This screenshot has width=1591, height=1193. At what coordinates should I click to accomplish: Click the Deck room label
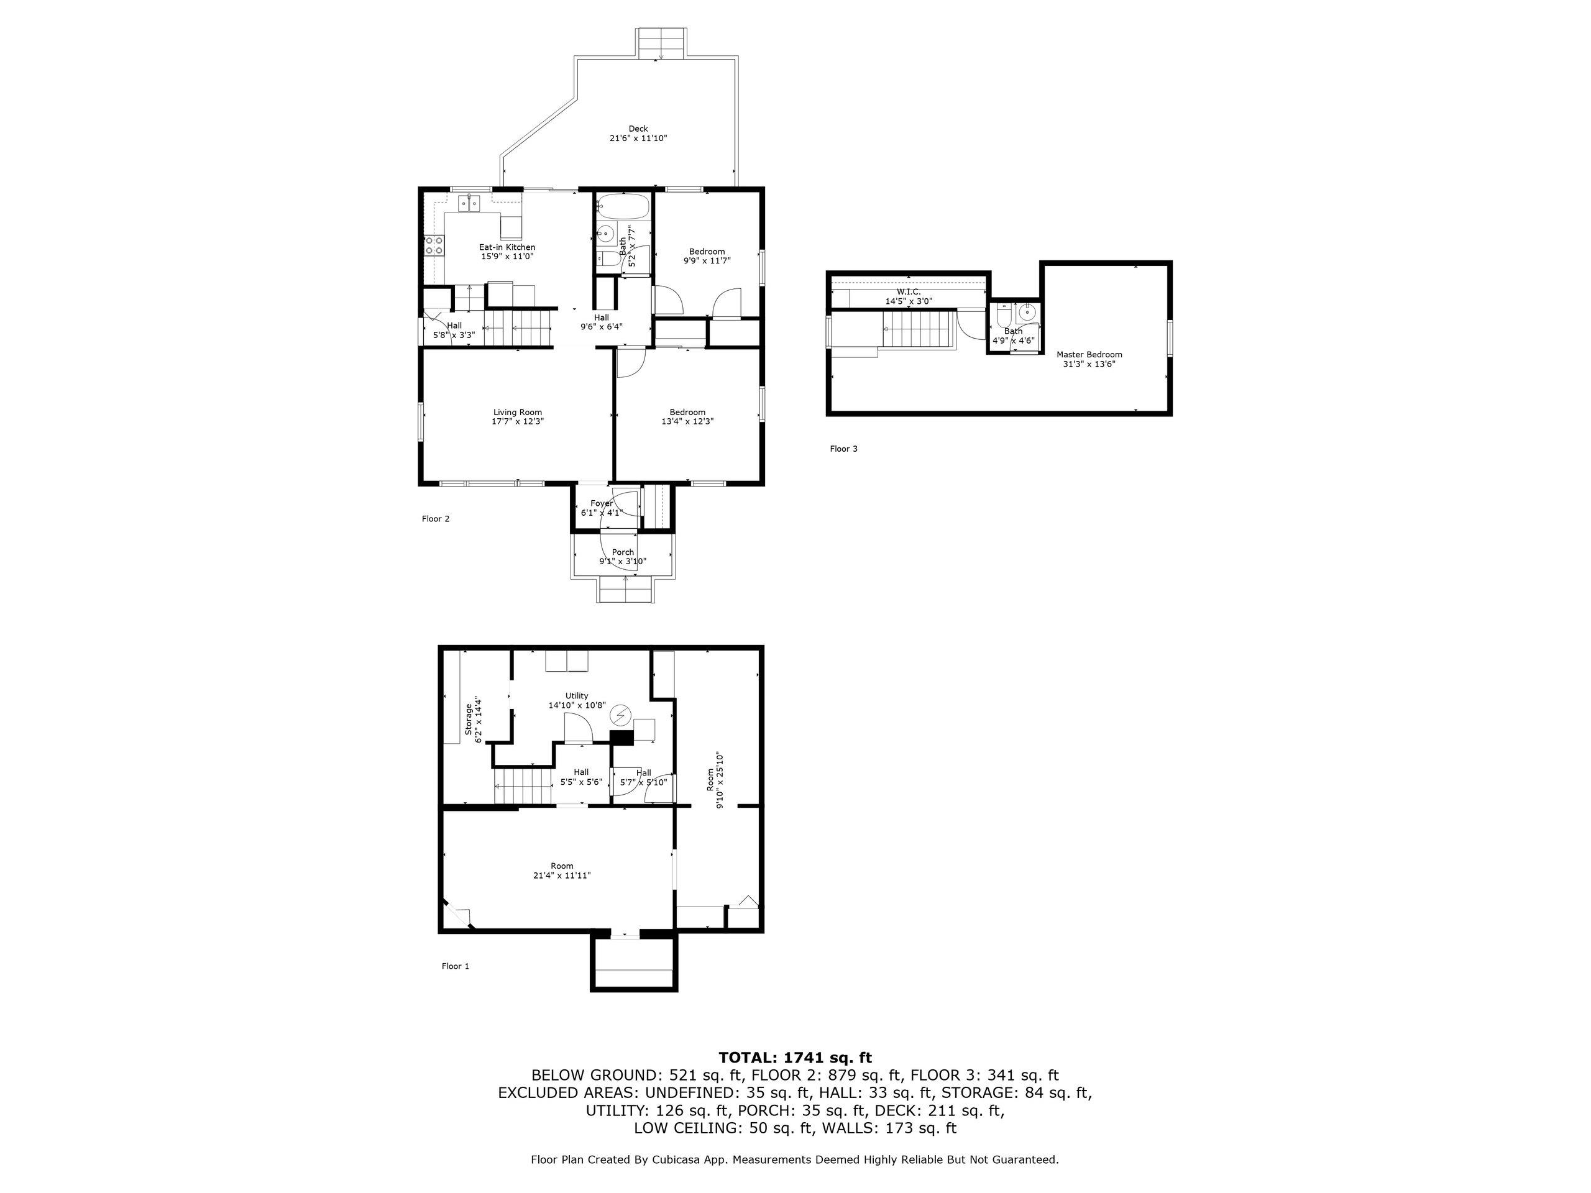coord(638,129)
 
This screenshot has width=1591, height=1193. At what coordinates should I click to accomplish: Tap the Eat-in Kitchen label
coord(507,247)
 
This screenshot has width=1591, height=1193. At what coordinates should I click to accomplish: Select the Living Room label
coord(517,413)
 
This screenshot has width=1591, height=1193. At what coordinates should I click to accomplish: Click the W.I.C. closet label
coord(909,292)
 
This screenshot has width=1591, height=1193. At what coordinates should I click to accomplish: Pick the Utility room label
coord(576,696)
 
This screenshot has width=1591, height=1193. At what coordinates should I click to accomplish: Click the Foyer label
coord(602,503)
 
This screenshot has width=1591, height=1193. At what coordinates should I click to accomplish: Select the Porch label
coord(623,552)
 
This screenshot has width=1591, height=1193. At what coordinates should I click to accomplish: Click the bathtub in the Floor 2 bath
coord(623,206)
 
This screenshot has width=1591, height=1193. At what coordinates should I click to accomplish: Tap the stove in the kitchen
coord(434,246)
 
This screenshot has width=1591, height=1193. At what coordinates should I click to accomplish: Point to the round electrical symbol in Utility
coord(620,716)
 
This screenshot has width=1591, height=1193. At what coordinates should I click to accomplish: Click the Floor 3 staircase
coord(918,330)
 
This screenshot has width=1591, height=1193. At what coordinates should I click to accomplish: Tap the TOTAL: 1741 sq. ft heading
coord(795,1057)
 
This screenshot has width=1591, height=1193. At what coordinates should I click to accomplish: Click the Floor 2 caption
coord(435,518)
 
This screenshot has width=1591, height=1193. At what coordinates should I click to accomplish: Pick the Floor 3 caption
coord(844,449)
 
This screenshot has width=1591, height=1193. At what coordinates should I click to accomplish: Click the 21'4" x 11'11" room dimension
coord(562,875)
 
